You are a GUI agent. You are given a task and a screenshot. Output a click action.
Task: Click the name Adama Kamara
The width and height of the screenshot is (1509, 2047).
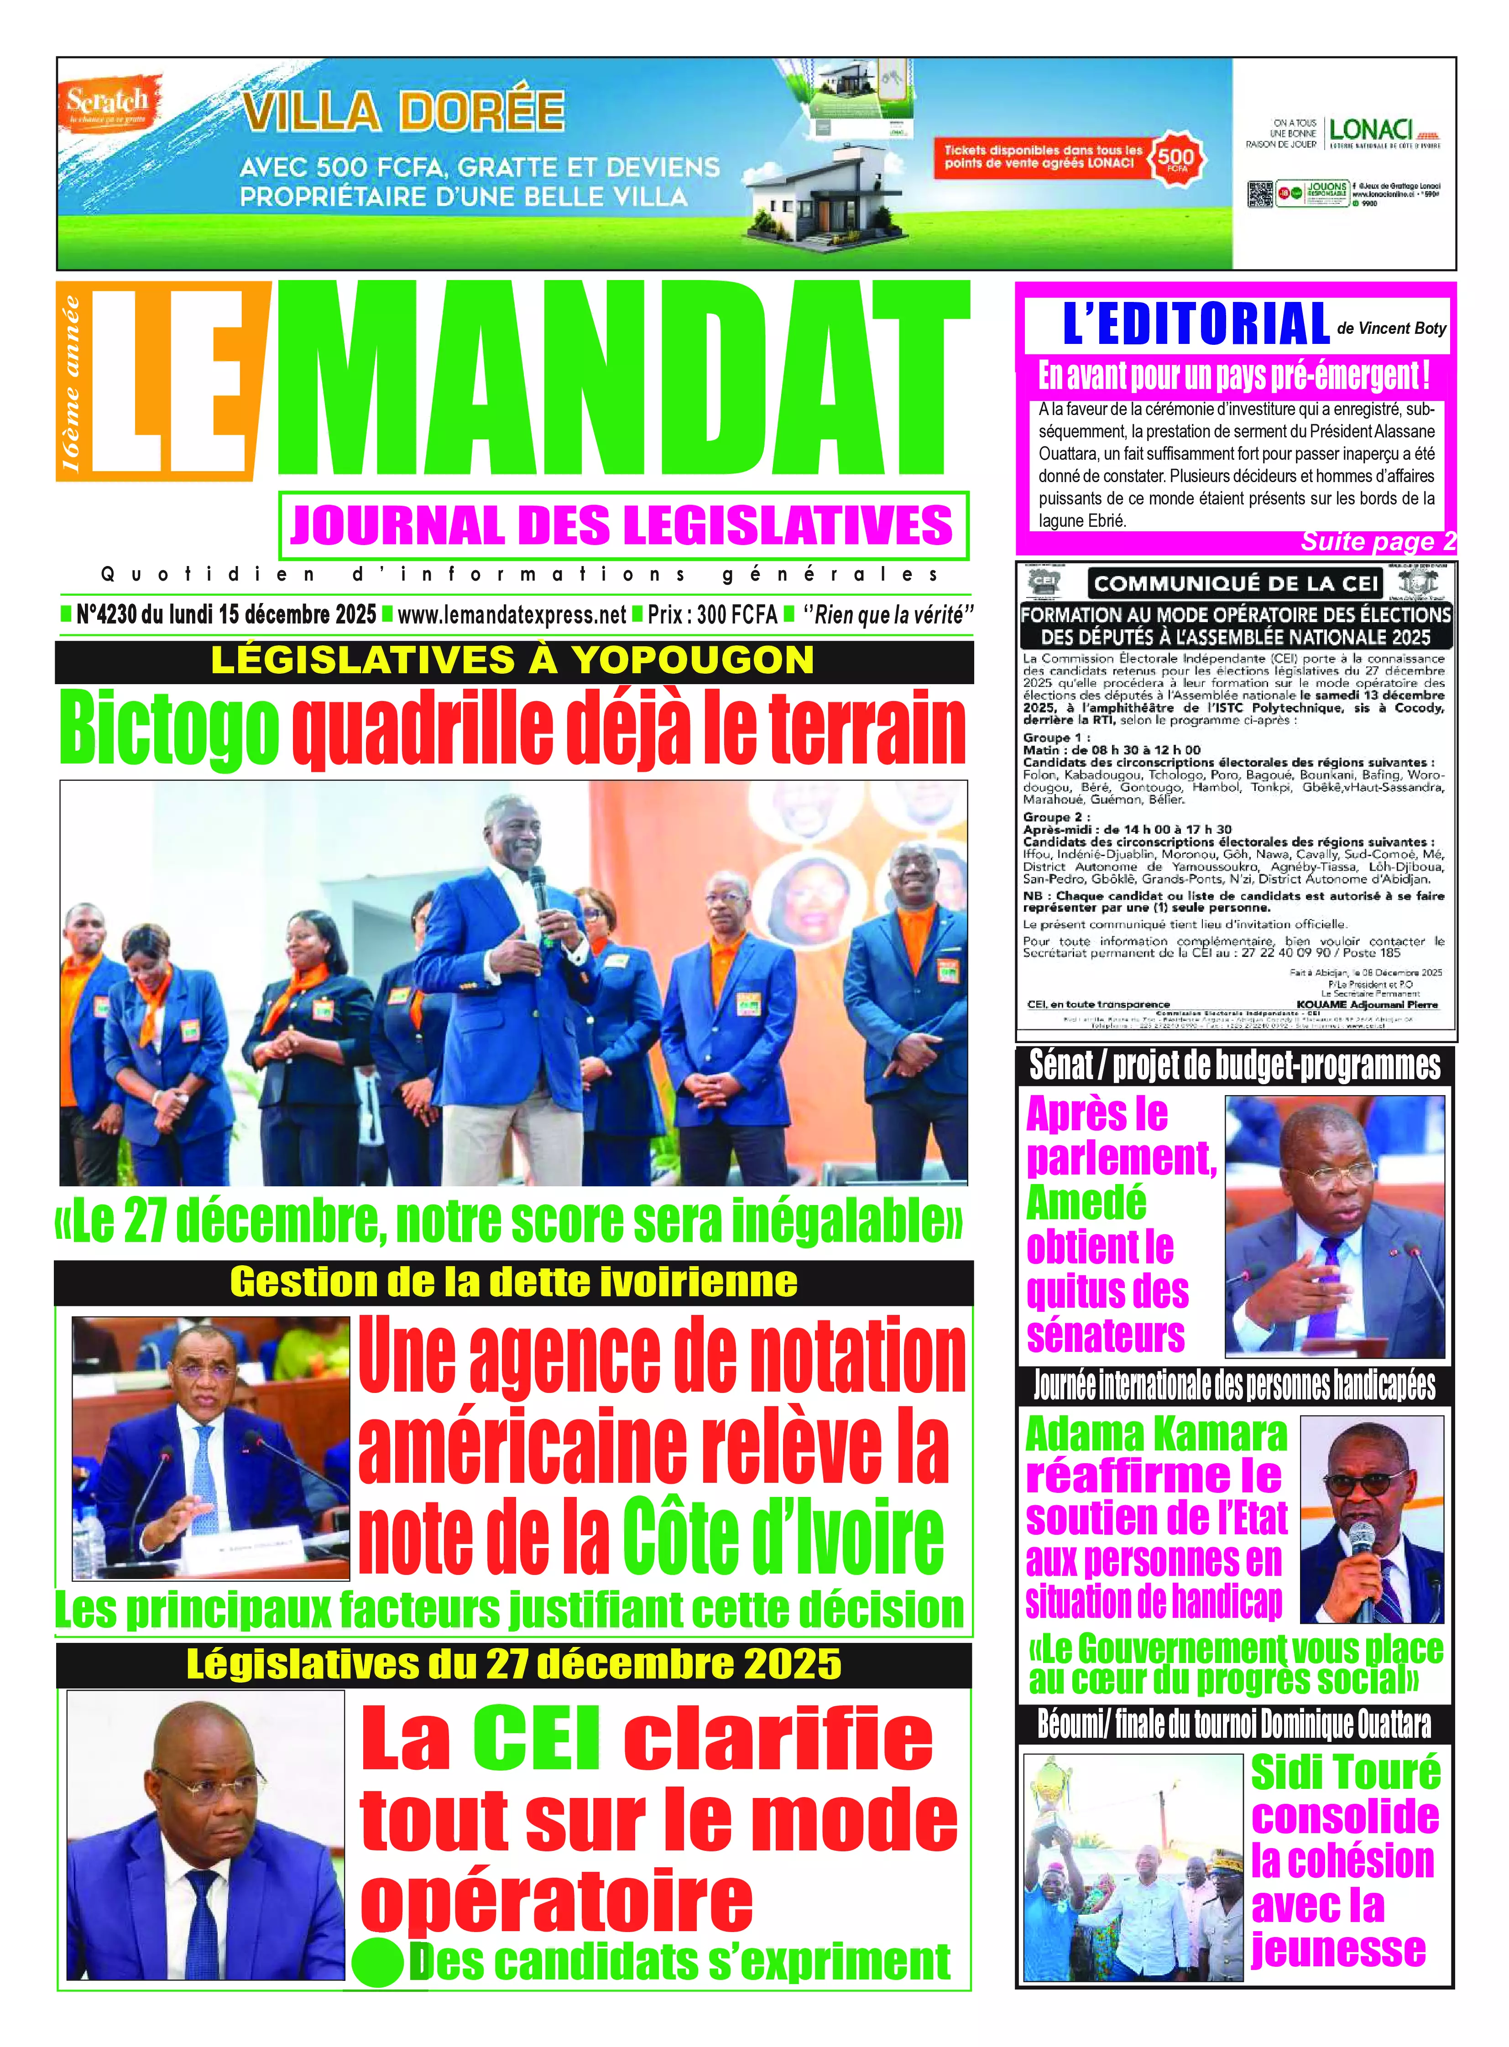click(1155, 1434)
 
